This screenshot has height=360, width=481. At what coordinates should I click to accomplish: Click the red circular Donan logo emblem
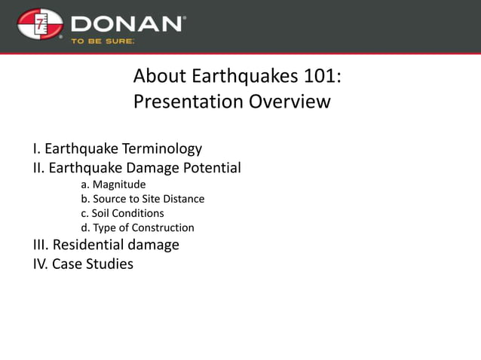40,25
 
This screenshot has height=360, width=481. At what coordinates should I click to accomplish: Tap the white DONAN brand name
127,23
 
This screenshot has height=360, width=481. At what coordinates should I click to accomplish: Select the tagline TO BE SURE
103,41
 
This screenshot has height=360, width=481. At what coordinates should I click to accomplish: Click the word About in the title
156,77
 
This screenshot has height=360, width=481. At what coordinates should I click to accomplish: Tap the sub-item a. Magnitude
113,185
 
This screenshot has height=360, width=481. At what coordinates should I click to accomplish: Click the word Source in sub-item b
111,199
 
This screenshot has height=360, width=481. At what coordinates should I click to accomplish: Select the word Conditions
139,213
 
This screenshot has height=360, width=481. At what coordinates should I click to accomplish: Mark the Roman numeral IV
40,264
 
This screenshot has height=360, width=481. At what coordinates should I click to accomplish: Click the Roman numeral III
40,245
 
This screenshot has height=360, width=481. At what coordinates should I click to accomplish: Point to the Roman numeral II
38,168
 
